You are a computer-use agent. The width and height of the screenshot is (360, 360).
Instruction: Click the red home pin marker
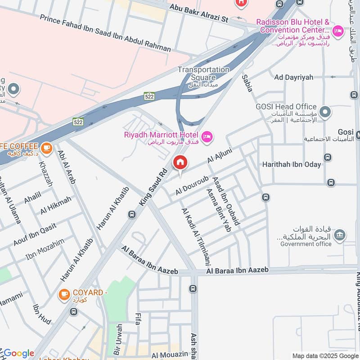(x=180, y=162)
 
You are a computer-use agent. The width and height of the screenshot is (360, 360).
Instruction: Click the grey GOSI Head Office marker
(x=324, y=110)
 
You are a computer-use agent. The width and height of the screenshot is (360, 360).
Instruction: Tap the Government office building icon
(x=341, y=234)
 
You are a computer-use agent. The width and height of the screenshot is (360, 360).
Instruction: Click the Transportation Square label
(x=203, y=73)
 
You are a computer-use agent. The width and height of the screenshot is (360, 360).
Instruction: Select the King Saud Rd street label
(x=153, y=188)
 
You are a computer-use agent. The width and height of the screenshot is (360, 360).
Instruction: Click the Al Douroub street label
(x=189, y=185)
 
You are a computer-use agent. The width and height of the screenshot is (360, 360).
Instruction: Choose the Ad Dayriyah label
(x=293, y=77)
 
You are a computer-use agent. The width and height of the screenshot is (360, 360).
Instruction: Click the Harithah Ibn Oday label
(x=292, y=164)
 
